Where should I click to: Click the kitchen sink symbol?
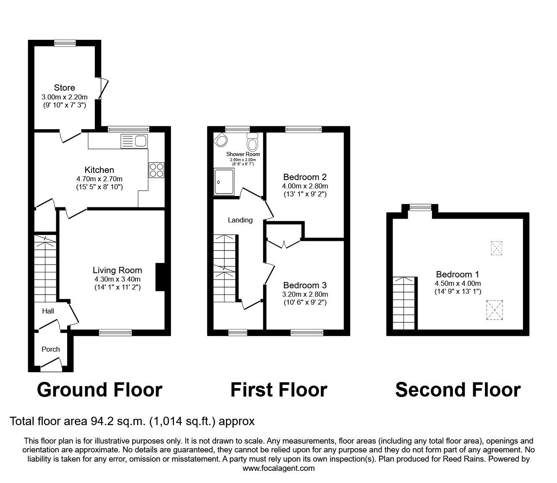(x=133, y=141)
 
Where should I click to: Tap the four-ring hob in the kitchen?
(x=156, y=170)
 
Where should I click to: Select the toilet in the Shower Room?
(x=252, y=143)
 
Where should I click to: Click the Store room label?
(x=65, y=88)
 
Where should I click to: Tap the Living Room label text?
(x=117, y=270)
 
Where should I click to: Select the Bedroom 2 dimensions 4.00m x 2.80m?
(x=305, y=186)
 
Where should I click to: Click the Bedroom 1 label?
(x=457, y=274)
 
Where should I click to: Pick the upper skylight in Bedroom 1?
(x=497, y=248)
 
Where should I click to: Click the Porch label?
(x=50, y=349)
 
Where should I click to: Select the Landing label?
(x=240, y=220)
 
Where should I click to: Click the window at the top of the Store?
(x=65, y=42)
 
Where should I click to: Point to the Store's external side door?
(x=102, y=89)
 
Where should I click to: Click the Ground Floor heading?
(x=99, y=389)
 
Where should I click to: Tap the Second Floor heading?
(x=458, y=389)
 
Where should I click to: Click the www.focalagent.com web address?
(x=278, y=468)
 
